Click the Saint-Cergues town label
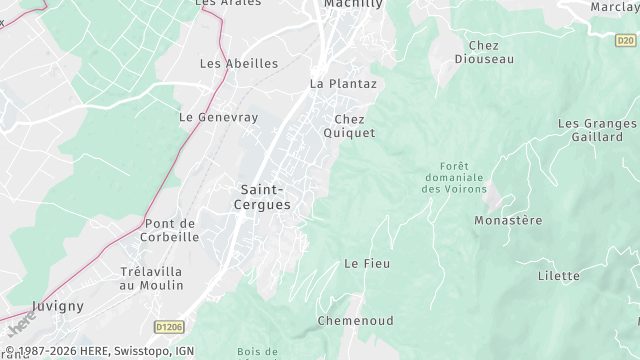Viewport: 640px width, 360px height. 266,197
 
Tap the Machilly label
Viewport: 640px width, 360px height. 354,5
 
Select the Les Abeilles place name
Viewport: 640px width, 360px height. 238,63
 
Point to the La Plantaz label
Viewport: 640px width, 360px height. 343,84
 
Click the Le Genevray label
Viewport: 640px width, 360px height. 218,117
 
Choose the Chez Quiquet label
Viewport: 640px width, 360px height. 349,126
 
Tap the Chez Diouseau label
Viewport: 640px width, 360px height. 483,52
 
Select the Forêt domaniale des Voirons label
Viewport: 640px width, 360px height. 454,177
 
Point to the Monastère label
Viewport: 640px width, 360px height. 508,220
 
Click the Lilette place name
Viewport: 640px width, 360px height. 558,276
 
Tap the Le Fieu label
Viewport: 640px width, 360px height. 366,263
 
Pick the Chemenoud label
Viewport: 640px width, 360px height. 355,321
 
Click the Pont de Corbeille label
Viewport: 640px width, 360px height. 171,230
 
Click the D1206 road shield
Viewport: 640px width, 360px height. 171,327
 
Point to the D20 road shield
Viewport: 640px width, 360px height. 625,41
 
